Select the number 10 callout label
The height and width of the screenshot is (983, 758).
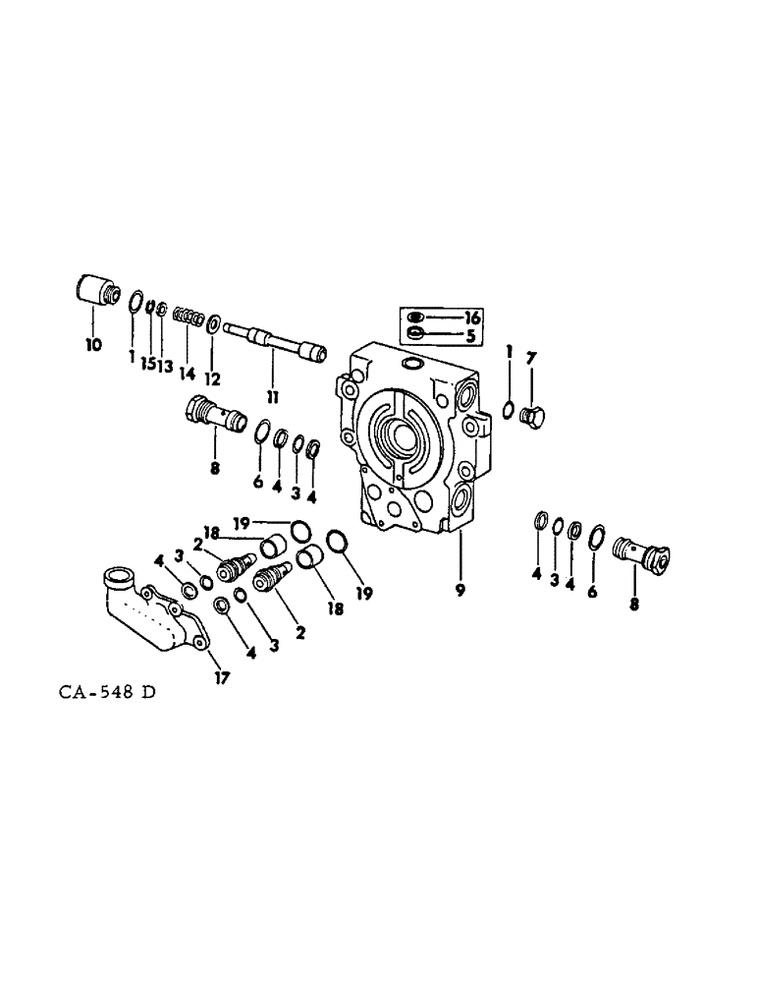coord(93,346)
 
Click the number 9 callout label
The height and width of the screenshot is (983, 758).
coord(460,591)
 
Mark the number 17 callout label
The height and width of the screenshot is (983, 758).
coord(222,677)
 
